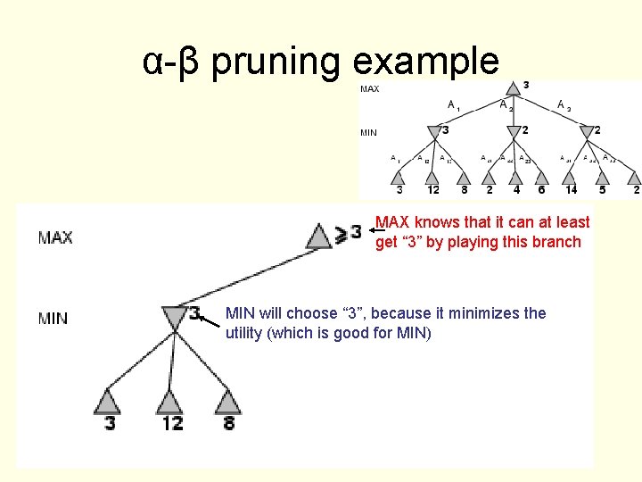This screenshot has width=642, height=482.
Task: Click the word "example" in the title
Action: (426, 61)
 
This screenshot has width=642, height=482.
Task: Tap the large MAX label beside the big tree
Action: (55, 237)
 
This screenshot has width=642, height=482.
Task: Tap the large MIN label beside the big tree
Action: (53, 318)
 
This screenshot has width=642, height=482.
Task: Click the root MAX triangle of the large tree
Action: (319, 236)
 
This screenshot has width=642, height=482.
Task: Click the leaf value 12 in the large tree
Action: (172, 423)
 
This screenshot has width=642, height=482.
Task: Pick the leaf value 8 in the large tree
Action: (229, 423)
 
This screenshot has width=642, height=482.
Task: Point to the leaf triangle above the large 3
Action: (108, 401)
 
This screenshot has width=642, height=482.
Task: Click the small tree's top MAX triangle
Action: (512, 87)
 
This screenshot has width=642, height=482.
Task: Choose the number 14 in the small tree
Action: (572, 189)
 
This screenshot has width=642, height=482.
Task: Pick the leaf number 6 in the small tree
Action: (540, 189)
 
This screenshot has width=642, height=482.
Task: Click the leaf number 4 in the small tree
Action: (514, 189)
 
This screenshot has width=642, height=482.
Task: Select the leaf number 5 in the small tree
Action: (603, 189)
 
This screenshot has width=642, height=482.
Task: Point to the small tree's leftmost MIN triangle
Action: (433, 132)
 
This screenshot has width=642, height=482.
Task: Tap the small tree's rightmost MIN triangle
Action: (586, 132)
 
